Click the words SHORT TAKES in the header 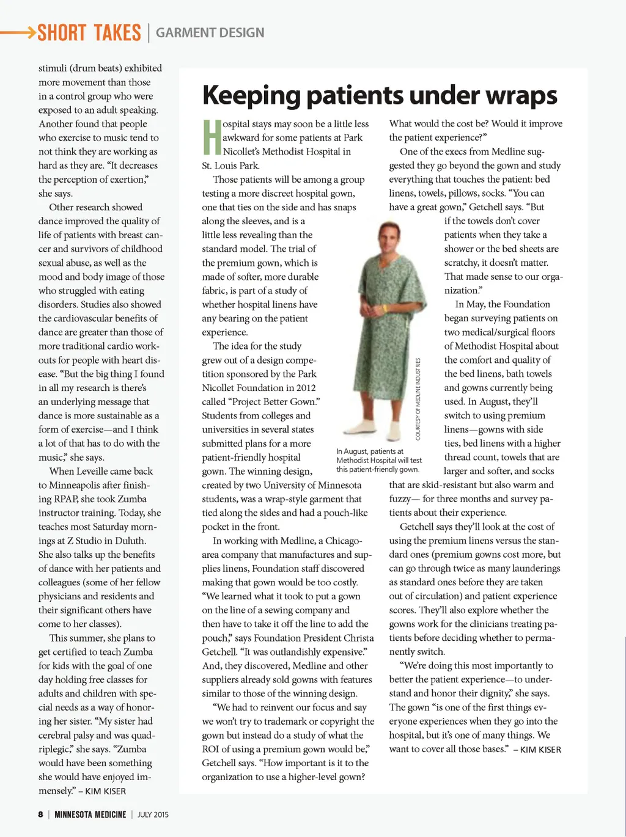89,33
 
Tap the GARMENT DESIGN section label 210,33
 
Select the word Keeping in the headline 252,95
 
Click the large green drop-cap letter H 212,137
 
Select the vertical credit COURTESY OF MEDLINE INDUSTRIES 418,399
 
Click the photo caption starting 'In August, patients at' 378,460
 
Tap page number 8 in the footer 40,814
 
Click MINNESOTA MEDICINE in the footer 90,814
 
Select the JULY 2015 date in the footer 153,814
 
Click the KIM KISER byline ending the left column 106,791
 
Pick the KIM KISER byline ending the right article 540,750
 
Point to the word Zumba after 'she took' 132,499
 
